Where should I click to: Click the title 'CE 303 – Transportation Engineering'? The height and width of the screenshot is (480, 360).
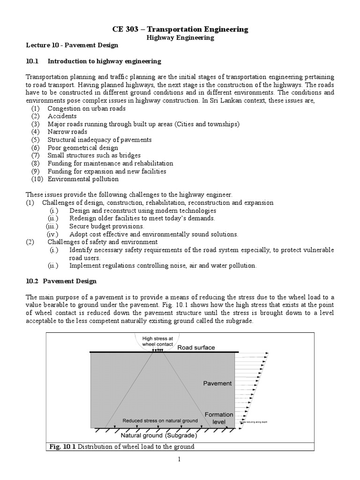tap(180, 29)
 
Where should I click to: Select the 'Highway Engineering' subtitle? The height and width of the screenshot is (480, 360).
tap(180, 38)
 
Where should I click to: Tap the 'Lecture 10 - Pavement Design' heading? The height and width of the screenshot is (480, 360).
tap(72, 46)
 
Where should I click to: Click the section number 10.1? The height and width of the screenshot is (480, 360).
tap(32, 61)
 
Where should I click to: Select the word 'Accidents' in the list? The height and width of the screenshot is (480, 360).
tap(62, 116)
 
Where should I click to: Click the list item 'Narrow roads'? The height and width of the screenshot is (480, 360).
tap(67, 132)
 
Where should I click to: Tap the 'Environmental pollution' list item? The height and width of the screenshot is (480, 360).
tap(83, 179)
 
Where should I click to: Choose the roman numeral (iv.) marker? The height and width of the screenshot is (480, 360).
tap(52, 234)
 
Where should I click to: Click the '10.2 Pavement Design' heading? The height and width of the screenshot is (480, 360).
tap(61, 281)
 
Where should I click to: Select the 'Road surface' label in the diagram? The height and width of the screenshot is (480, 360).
tap(196, 347)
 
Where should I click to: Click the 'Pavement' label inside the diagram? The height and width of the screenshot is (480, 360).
tap(217, 383)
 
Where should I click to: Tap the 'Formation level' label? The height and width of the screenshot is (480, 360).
tap(218, 418)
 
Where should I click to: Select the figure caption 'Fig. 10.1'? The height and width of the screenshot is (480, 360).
tap(62, 447)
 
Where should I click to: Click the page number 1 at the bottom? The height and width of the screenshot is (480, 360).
tap(180, 459)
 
